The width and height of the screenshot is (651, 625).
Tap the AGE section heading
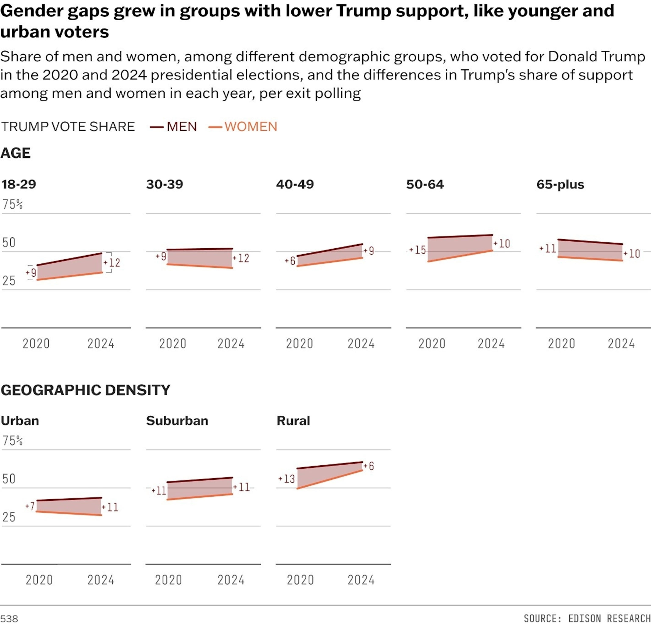16,153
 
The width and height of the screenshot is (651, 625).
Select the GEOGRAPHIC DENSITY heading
85,390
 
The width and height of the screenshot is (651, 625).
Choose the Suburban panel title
177,420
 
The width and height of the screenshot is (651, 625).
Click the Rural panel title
293,420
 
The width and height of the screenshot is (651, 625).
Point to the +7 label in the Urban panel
30,506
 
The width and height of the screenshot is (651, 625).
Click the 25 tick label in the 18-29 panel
9,281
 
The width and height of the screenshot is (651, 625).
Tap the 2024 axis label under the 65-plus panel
621,343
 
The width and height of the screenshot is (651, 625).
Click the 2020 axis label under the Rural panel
300,580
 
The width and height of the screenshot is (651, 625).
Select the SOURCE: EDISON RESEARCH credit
587,618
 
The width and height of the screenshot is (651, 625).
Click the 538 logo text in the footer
9,619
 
